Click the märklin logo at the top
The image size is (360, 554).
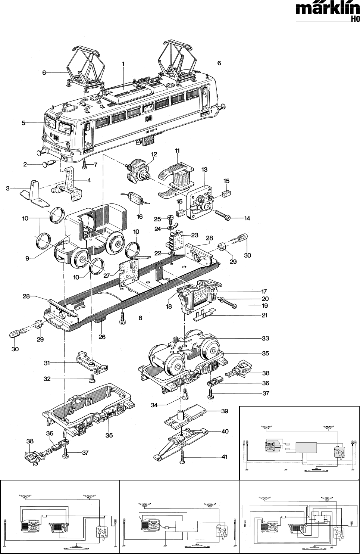[328, 9]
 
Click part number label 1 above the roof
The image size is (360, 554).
[122, 64]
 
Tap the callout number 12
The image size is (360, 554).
[154, 154]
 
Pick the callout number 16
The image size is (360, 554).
[140, 217]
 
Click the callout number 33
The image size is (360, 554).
[265, 339]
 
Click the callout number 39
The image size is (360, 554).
[225, 411]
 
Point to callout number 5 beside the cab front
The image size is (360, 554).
[23, 123]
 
